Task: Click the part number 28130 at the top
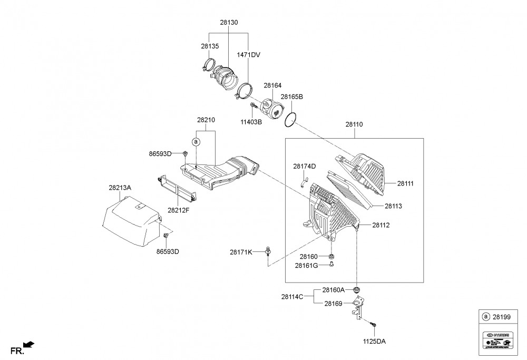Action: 229,23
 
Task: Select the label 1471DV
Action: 249,54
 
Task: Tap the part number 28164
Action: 272,85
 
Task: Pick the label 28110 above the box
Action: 354,124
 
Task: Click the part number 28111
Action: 405,183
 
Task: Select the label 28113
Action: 393,206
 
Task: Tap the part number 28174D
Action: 304,167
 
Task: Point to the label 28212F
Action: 179,210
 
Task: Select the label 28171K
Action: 241,252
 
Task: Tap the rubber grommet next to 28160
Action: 331,257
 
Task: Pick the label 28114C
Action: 292,296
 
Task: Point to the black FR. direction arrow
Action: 30,345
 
